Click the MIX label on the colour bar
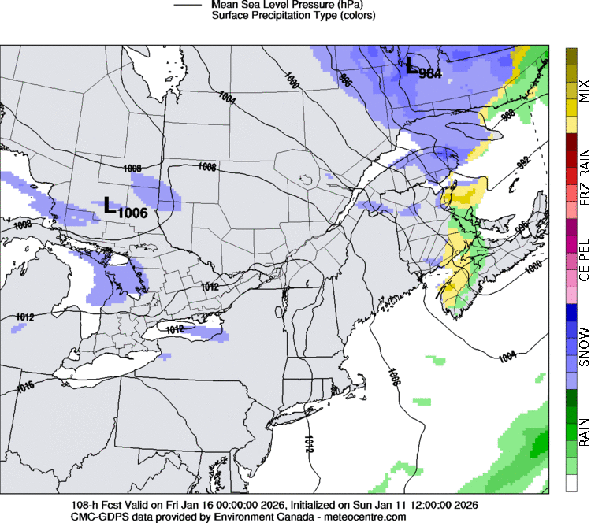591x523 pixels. tap(583, 91)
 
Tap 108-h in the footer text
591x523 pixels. tap(84, 505)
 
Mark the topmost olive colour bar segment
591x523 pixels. tap(571, 55)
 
